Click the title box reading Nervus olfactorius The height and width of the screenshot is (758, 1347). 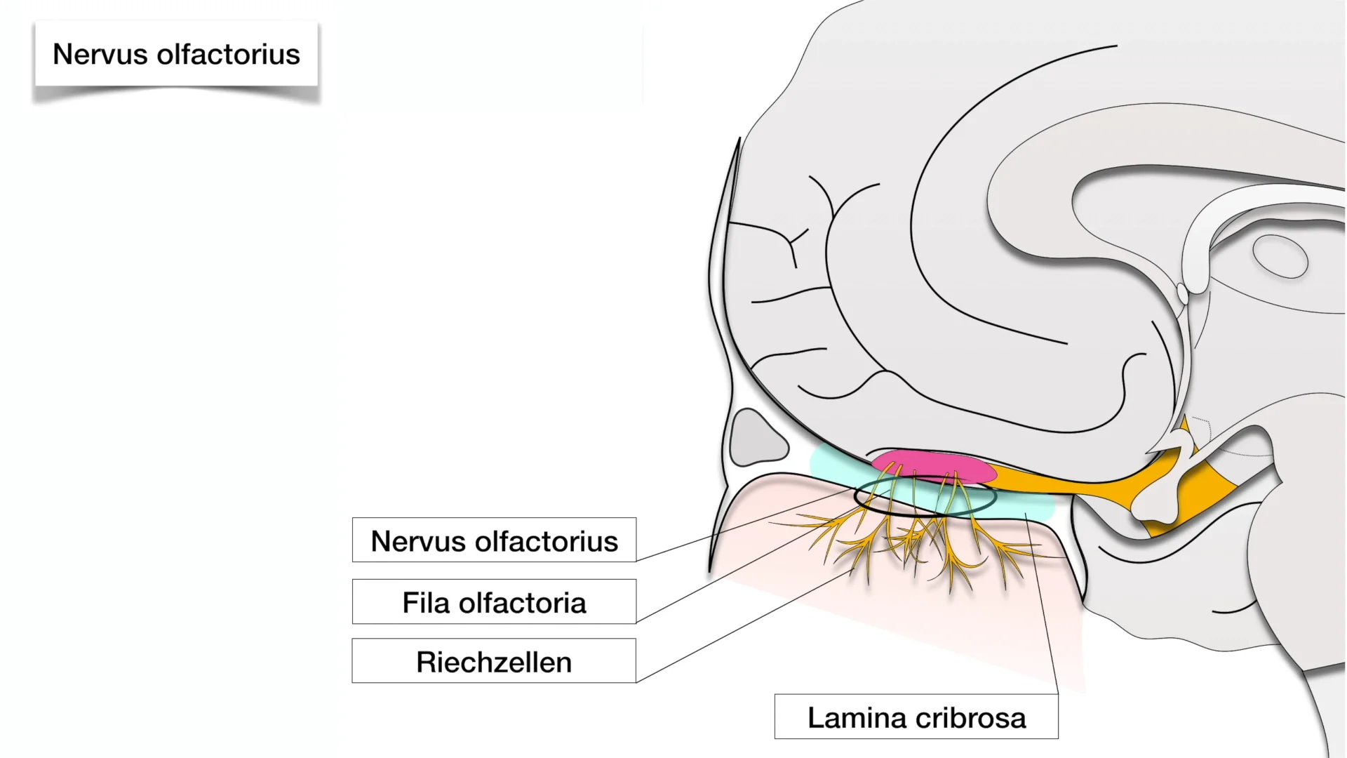coord(176,55)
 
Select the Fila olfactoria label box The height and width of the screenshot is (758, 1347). coord(494,602)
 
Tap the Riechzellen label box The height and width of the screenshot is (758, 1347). coord(494,661)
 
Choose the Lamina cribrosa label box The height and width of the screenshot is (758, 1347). coord(916,717)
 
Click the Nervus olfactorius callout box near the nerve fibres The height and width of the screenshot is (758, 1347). coord(494,540)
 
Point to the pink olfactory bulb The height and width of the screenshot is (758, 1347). coord(934,466)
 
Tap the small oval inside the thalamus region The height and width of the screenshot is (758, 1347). coord(1280,257)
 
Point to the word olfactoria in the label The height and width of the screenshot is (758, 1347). coord(523,603)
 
